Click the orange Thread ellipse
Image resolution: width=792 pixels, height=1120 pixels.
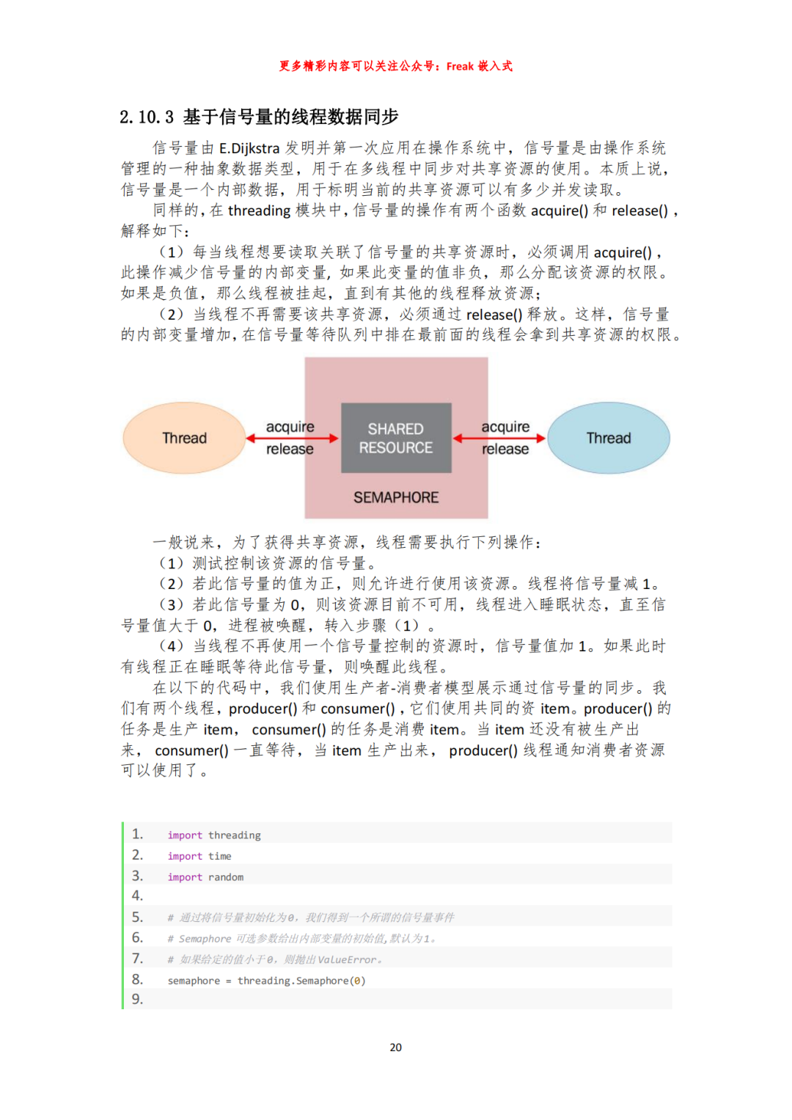184,438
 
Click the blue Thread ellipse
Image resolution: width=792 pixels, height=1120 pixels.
608,438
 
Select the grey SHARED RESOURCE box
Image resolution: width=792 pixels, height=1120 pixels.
396,438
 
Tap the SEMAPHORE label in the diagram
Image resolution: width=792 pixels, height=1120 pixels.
396,497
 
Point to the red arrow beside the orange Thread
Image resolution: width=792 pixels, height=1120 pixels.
292,438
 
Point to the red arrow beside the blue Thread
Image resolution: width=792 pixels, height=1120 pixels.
499,438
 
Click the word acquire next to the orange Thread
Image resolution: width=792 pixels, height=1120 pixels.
290,427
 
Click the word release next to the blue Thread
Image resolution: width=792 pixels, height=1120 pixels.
505,449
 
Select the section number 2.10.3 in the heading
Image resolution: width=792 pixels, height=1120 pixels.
147,117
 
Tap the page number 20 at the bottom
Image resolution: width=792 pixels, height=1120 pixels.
396,1047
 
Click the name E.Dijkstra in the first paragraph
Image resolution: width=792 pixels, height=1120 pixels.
249,148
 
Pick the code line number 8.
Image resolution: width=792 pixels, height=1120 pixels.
137,979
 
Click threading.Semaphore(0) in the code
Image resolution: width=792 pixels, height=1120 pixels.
301,981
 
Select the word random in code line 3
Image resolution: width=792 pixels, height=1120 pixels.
226,877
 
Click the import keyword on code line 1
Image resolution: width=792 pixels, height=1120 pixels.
185,835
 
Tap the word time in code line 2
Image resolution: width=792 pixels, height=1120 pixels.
219,856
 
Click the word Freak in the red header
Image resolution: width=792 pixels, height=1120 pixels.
460,66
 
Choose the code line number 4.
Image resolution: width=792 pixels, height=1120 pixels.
137,896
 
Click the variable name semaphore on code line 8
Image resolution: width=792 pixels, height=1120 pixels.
194,981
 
